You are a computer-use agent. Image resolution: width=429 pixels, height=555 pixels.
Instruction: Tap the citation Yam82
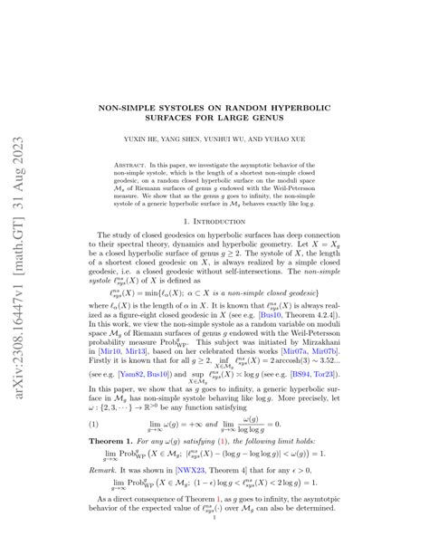[x=131, y=375]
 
